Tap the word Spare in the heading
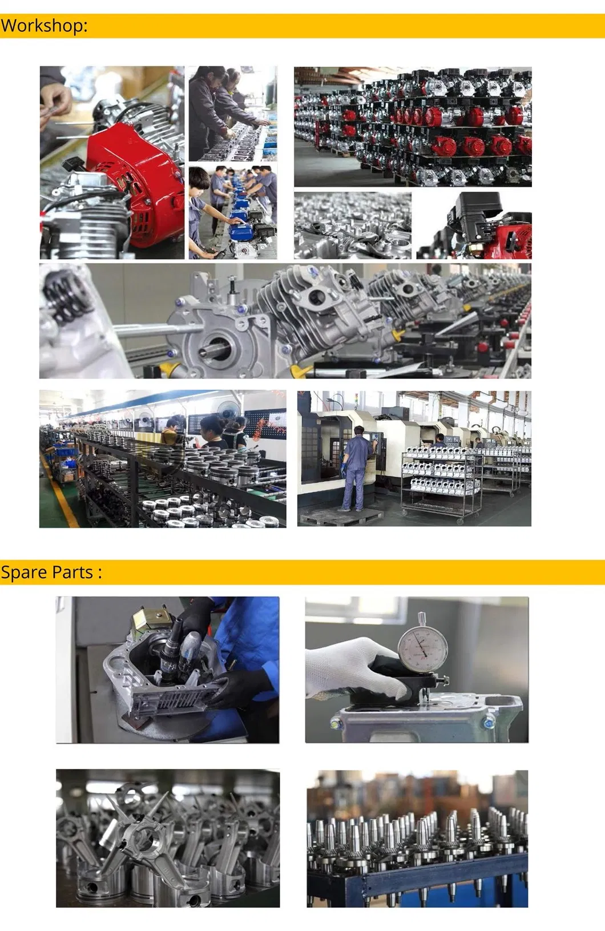tap(23, 573)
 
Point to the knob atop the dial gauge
tap(422, 618)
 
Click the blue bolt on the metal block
tap(488, 723)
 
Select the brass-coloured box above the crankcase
tap(149, 622)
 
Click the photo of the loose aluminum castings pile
tap(352, 225)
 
